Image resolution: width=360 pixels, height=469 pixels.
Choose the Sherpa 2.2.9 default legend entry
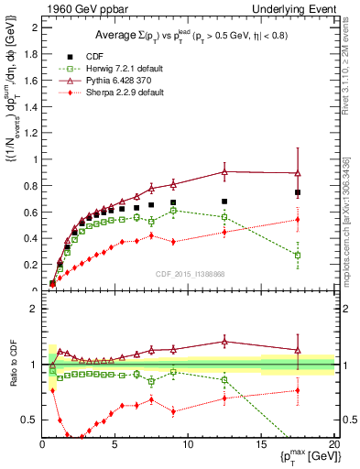coord(127,93)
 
